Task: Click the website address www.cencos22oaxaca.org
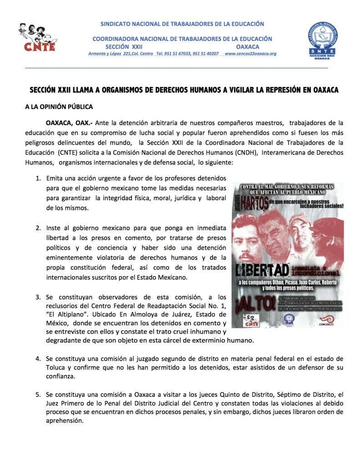tap(250, 54)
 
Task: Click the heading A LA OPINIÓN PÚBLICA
tap(59, 107)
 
